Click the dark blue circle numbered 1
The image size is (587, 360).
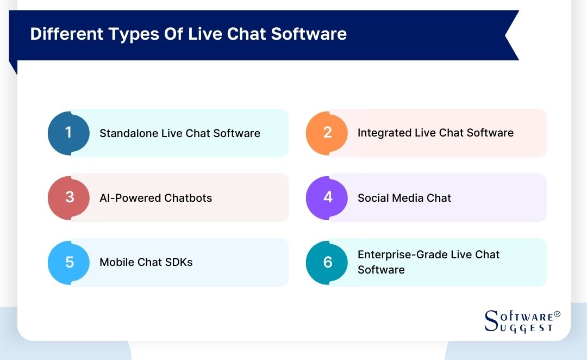68,133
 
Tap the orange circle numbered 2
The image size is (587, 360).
327,133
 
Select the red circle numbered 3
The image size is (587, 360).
68,197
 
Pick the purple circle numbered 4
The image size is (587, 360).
327,197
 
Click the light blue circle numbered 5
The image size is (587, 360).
68,262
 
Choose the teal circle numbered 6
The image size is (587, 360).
327,262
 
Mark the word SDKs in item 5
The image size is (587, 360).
178,262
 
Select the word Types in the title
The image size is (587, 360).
133,34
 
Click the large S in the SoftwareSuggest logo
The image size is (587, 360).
491,320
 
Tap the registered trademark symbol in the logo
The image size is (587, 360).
557,315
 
